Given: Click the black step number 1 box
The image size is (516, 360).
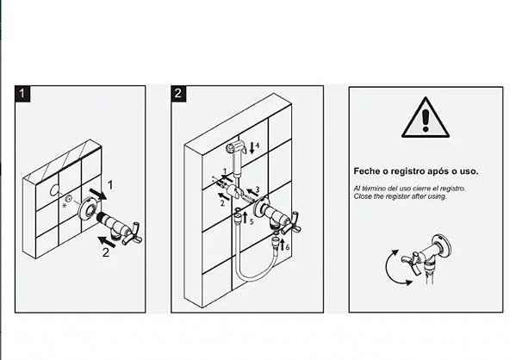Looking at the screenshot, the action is pyautogui.click(x=22, y=94).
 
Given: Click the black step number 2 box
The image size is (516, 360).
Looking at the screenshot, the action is pyautogui.click(x=178, y=94).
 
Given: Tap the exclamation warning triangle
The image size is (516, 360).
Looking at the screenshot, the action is pyautogui.click(x=426, y=117).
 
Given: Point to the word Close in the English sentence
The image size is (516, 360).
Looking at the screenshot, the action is pyautogui.click(x=361, y=196).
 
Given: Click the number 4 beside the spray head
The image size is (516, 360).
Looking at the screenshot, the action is pyautogui.click(x=258, y=145).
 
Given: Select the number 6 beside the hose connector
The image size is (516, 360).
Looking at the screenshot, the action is pyautogui.click(x=288, y=247).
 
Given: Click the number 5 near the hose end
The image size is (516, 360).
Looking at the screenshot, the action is pyautogui.click(x=252, y=222).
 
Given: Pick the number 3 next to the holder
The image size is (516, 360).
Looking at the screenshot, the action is pyautogui.click(x=258, y=189).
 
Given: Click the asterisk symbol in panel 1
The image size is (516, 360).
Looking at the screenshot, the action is pyautogui.click(x=64, y=206).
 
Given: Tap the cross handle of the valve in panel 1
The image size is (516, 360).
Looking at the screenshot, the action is pyautogui.click(x=133, y=233).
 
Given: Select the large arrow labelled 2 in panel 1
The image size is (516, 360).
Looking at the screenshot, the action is pyautogui.click(x=107, y=242).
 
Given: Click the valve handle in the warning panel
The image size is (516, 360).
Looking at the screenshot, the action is pyautogui.click(x=412, y=261).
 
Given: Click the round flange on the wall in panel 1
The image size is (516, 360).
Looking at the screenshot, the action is pyautogui.click(x=88, y=209).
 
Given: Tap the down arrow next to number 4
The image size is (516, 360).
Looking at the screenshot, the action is pyautogui.click(x=252, y=148).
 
